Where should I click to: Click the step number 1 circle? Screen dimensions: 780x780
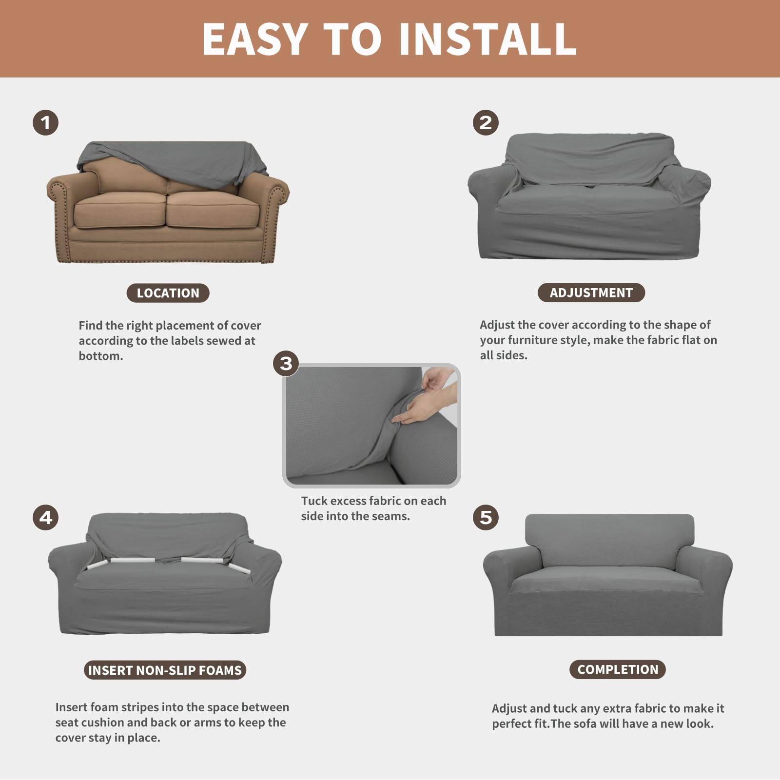(46, 122)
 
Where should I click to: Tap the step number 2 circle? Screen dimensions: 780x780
(486, 122)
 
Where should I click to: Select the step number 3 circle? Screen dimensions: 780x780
(286, 363)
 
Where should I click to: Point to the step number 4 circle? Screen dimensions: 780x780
(46, 517)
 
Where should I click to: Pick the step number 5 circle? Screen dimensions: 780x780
(486, 517)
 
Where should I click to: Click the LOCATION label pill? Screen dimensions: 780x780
(168, 293)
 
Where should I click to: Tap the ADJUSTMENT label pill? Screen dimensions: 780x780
(591, 292)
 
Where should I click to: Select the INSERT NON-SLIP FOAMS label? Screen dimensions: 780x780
(165, 670)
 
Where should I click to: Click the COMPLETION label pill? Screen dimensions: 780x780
(617, 669)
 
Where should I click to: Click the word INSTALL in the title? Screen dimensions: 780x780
(487, 39)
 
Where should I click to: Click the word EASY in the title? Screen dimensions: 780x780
(254, 39)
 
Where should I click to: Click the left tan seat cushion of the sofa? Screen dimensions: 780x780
(120, 210)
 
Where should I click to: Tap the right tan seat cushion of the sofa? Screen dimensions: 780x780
(213, 210)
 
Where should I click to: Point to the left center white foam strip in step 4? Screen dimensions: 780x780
(133, 560)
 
